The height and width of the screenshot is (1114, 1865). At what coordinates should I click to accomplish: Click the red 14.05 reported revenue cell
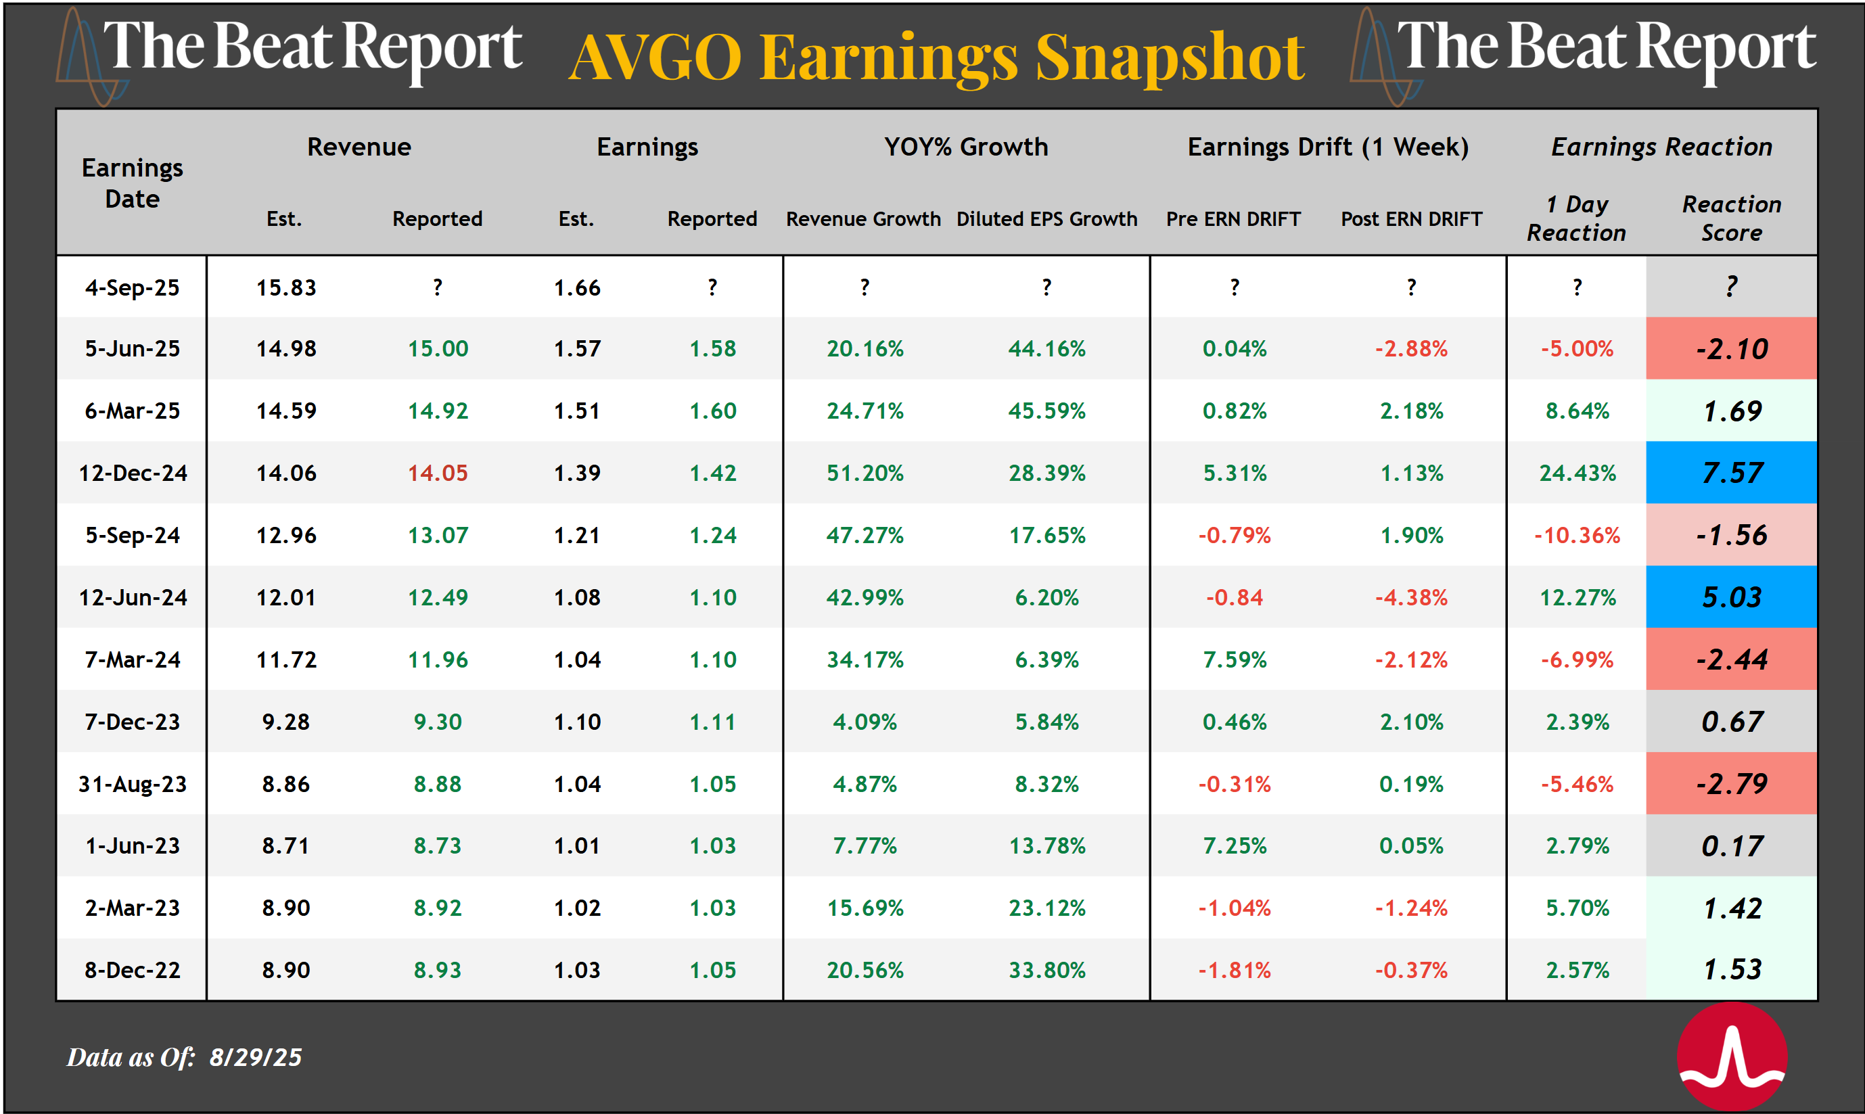click(437, 473)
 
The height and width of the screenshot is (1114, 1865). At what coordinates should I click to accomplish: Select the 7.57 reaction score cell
click(1730, 473)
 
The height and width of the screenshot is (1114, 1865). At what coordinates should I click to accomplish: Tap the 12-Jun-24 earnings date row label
click(132, 597)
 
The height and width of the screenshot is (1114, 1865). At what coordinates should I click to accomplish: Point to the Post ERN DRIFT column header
click(1411, 219)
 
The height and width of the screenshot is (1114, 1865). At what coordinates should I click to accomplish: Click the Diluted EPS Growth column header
click(1046, 219)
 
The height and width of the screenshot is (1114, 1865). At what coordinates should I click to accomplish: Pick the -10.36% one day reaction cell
click(1577, 535)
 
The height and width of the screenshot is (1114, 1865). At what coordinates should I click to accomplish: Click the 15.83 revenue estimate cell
click(286, 287)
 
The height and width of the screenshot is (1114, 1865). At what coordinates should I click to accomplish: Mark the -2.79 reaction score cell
click(1730, 784)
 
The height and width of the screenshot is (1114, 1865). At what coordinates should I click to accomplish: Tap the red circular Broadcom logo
click(1731, 1057)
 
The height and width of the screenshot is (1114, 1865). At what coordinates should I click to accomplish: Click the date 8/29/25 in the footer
click(255, 1057)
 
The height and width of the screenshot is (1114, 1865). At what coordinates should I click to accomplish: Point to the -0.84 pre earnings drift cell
click(1234, 597)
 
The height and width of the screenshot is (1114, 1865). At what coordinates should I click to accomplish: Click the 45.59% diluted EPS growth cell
click(1046, 411)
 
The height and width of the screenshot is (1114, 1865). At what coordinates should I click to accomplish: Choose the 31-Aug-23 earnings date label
click(132, 784)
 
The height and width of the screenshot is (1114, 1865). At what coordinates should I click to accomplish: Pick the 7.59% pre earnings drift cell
click(1234, 660)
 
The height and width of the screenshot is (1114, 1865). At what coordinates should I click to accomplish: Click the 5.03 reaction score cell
click(1730, 597)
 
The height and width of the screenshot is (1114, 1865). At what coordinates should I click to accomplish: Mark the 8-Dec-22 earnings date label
click(132, 970)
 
